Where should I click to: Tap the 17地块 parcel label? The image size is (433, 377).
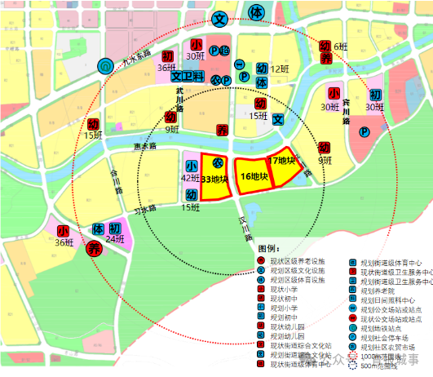point(281,161)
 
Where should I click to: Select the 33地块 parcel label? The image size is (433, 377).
point(215,179)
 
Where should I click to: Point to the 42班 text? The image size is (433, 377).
point(190,178)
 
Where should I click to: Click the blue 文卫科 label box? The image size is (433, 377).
point(187,76)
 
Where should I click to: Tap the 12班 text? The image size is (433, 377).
point(281,69)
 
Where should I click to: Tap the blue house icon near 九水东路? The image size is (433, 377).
point(104,67)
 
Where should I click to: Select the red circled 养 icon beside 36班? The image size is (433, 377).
point(94,250)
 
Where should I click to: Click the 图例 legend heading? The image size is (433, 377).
point(268,249)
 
